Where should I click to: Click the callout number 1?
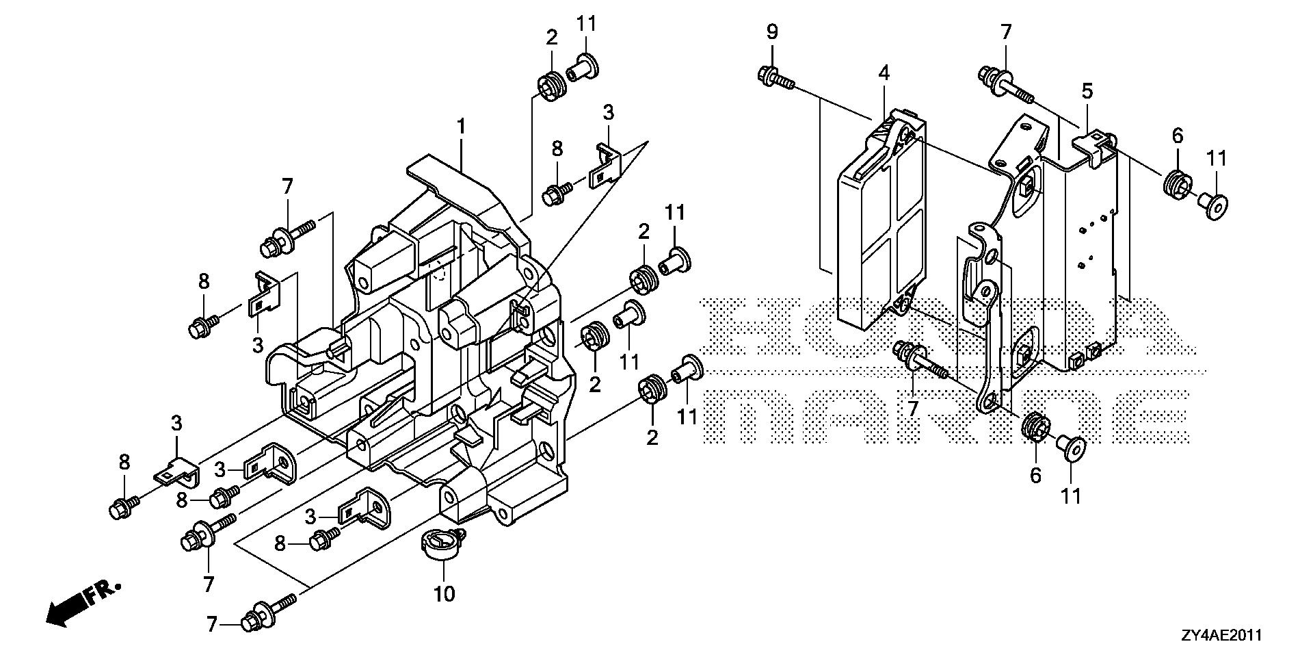[462, 127]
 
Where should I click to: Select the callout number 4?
[884, 73]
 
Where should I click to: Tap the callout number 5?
[1087, 90]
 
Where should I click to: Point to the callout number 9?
[772, 31]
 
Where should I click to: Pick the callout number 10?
[445, 593]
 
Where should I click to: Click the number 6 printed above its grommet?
[1177, 136]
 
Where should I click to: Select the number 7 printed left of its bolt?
[211, 623]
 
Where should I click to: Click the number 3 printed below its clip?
[258, 345]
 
